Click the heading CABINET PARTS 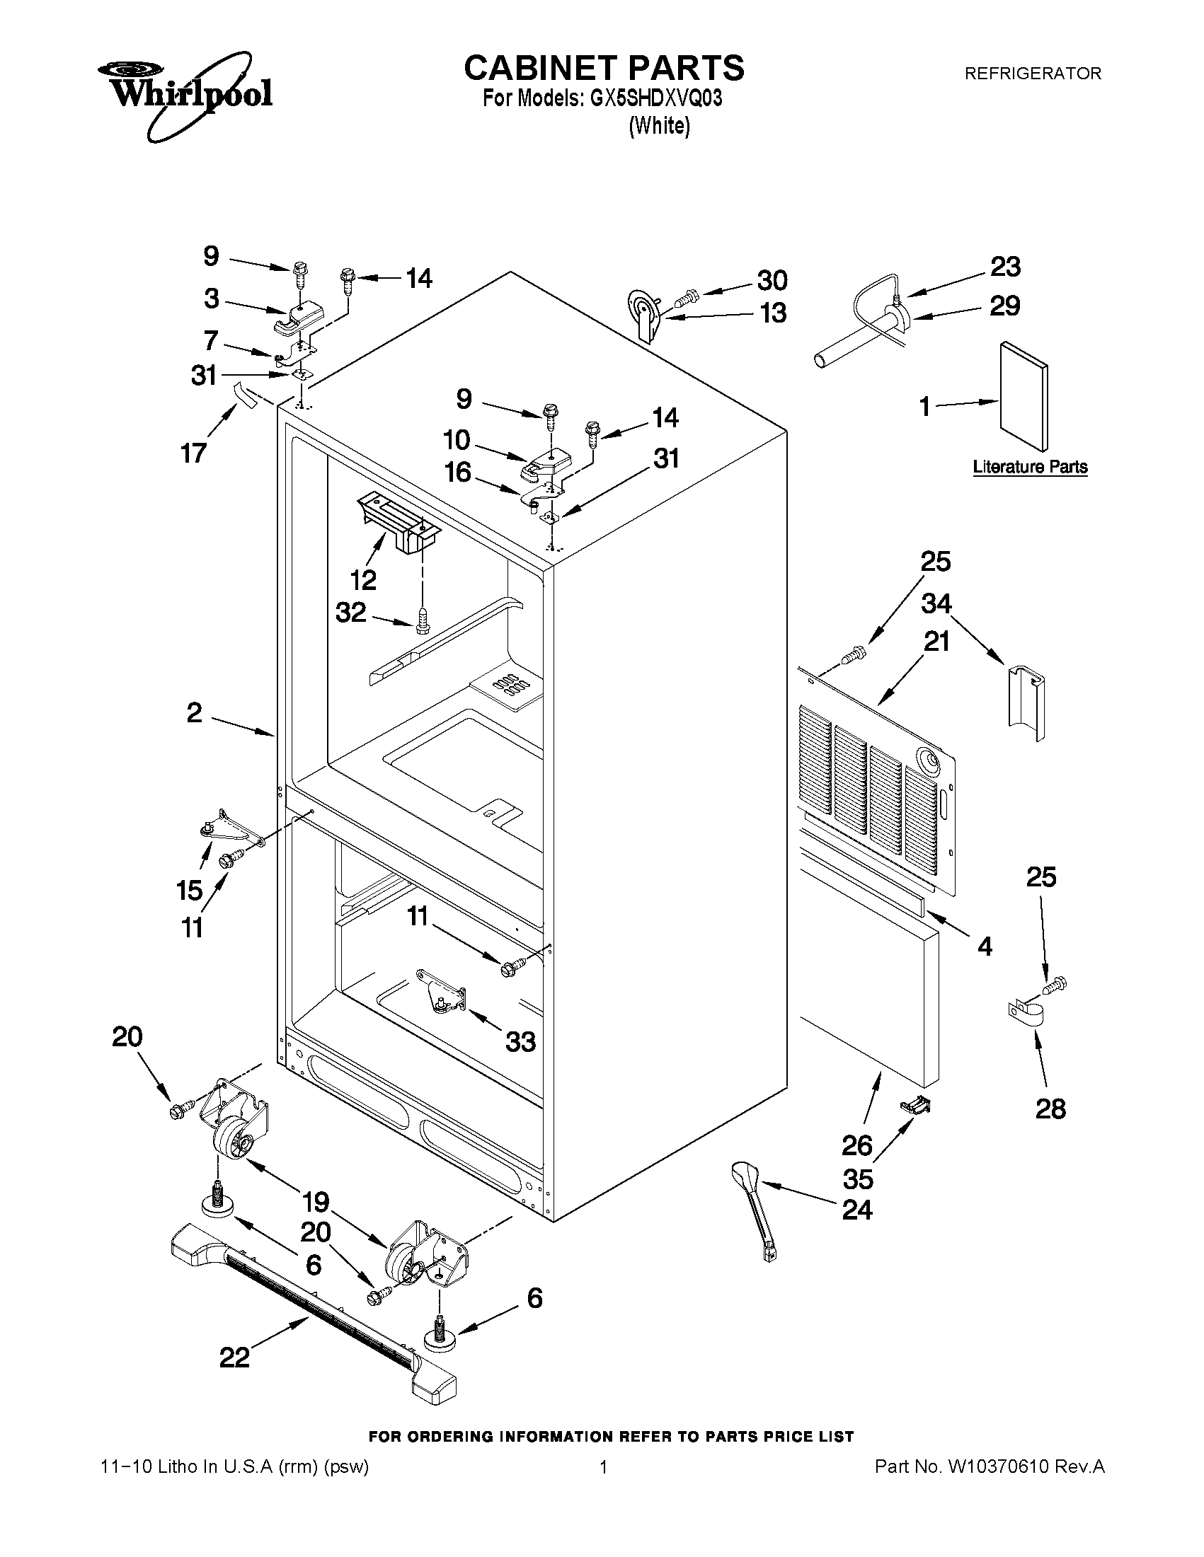coord(604,69)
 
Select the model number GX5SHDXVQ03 coord(655,98)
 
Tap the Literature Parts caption coord(1030,468)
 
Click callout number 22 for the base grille coord(234,1357)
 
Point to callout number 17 coord(193,453)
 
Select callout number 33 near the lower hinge coord(520,1042)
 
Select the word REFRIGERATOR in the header coord(1032,74)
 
